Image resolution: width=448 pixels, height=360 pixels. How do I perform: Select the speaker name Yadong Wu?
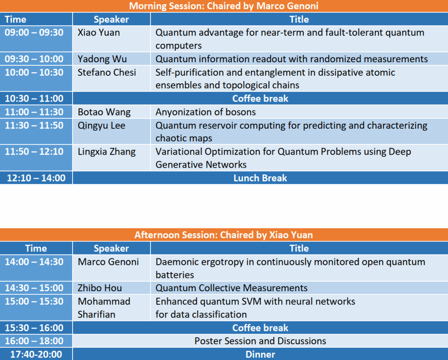click(102, 59)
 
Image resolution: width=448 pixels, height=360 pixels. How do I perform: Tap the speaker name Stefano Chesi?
click(107, 72)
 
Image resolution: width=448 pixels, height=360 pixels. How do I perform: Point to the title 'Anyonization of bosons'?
click(206, 112)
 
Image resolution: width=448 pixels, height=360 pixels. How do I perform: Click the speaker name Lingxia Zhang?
click(107, 152)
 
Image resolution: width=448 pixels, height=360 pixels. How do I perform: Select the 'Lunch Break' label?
click(260, 178)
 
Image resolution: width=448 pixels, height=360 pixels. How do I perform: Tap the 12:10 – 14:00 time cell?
click(36, 178)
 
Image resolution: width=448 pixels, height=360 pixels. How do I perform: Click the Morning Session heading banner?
click(224, 6)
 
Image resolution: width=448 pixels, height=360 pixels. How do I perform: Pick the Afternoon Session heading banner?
click(224, 235)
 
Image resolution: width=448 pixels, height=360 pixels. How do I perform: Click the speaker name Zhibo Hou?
click(100, 288)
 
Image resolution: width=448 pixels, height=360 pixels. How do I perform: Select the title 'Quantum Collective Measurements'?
click(231, 288)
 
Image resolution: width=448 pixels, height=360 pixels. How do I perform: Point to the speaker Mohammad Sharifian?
click(104, 308)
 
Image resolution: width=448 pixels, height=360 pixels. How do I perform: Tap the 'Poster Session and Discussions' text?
click(260, 341)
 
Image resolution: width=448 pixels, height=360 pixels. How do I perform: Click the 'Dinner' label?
click(260, 355)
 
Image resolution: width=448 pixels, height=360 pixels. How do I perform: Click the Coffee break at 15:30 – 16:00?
click(260, 328)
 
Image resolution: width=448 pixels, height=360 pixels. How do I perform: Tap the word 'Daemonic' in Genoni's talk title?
click(176, 262)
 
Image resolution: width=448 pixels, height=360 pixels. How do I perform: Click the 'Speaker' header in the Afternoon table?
click(112, 248)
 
